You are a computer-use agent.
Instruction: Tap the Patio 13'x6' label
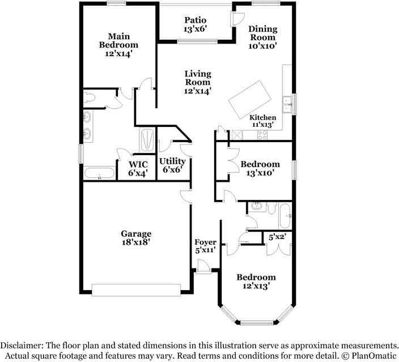pyautogui.click(x=195, y=25)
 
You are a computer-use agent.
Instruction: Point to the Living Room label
pyautogui.click(x=197, y=82)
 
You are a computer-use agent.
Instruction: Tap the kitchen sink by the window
pyautogui.click(x=287, y=105)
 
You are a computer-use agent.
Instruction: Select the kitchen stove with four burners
pyautogui.click(x=263, y=135)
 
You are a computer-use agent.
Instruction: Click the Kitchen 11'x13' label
pyautogui.click(x=262, y=121)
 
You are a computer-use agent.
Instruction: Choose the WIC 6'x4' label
pyautogui.click(x=138, y=168)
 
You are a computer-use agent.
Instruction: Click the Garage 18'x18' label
pyautogui.click(x=136, y=237)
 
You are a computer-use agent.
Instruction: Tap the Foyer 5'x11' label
pyautogui.click(x=205, y=246)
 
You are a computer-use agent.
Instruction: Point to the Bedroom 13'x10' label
pyautogui.click(x=260, y=168)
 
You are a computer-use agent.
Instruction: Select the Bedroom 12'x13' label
pyautogui.click(x=256, y=282)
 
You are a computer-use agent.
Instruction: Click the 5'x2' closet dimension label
pyautogui.click(x=277, y=237)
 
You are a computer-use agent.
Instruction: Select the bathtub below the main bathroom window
pyautogui.click(x=99, y=173)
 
